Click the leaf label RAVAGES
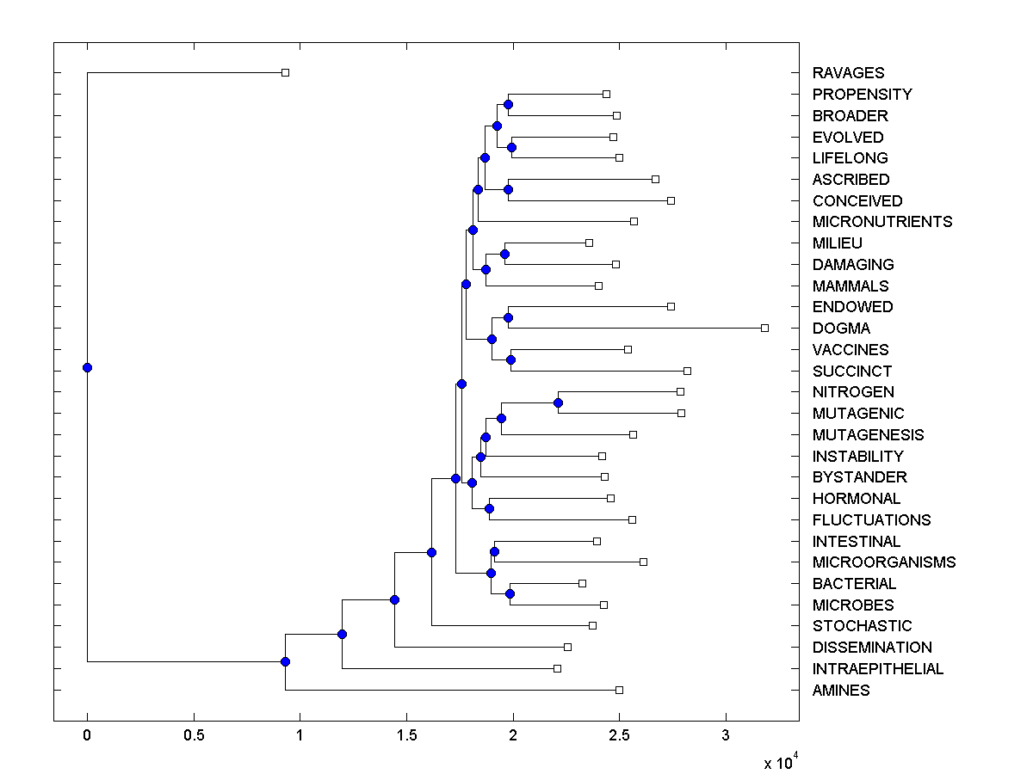coord(848,73)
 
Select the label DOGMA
coord(841,329)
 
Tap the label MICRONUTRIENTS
coord(882,222)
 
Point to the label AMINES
coord(841,691)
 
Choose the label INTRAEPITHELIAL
coord(878,669)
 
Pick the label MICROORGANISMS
coord(884,562)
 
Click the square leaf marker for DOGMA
coord(764,328)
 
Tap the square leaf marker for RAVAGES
coord(286,73)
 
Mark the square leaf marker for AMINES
coord(619,690)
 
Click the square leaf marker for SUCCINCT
coord(687,371)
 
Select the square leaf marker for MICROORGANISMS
coord(643,562)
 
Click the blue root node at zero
coord(87,367)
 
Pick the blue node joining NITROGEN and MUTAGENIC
coord(558,402)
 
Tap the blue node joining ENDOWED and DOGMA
coord(508,317)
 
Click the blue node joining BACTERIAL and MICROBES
coord(510,593)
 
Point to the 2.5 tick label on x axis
coord(619,735)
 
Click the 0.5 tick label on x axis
coord(193,735)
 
